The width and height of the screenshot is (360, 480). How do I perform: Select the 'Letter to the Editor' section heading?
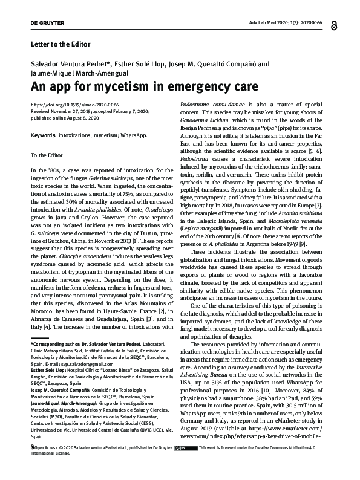(x=60, y=44)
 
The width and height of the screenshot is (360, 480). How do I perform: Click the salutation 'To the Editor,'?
(x=52, y=156)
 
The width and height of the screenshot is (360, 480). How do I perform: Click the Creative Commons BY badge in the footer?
(x=180, y=465)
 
